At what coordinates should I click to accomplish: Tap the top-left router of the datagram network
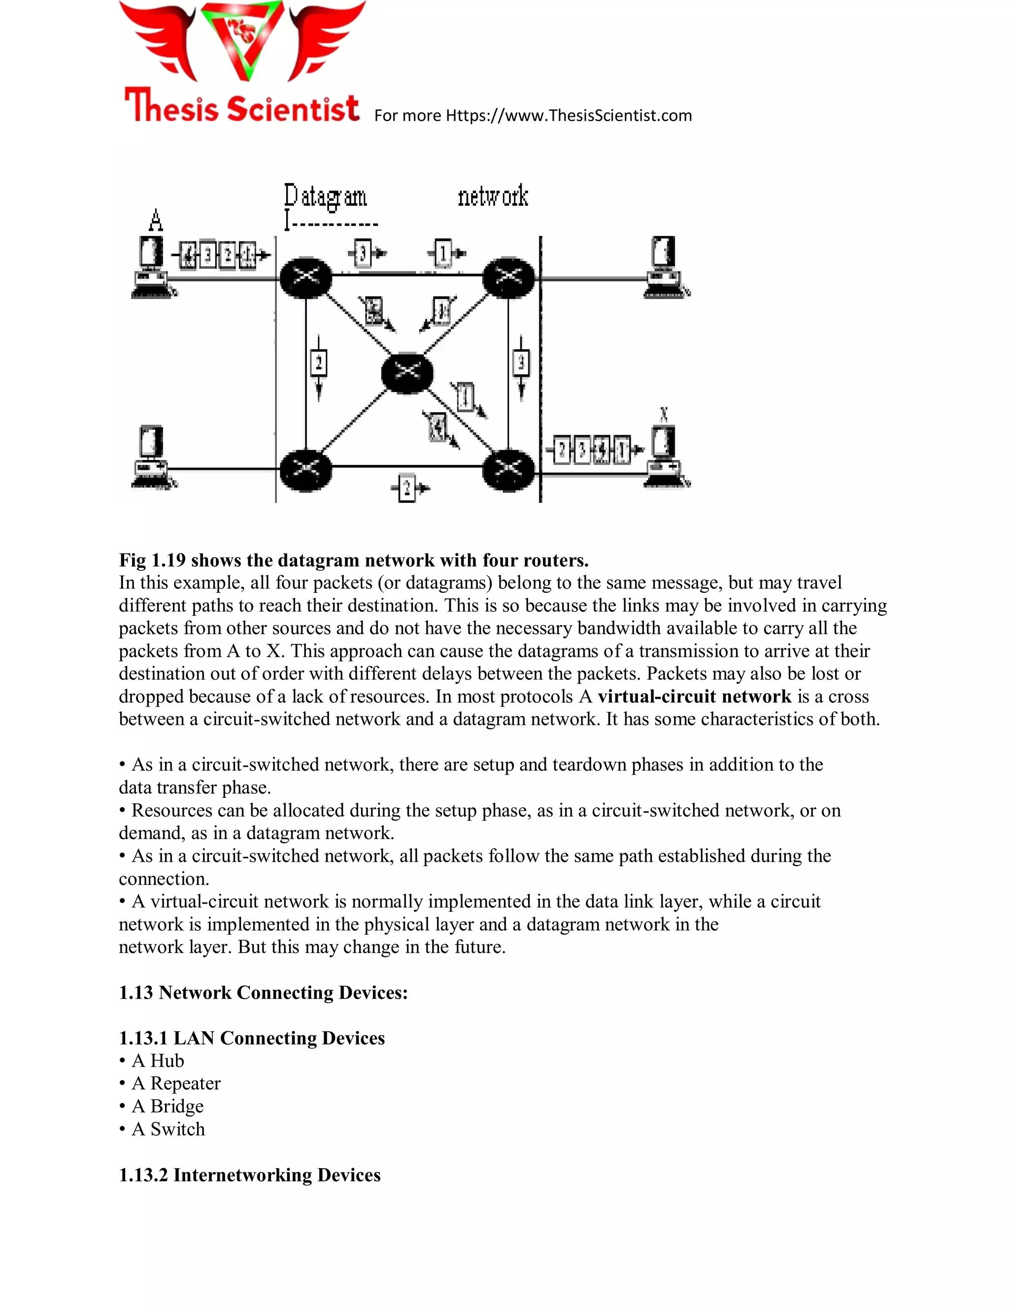pos(306,278)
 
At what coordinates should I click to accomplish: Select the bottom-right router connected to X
pos(508,470)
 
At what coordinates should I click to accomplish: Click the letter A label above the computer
pos(155,221)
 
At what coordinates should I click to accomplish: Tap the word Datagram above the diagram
pos(325,196)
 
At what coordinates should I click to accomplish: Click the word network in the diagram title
pos(493,196)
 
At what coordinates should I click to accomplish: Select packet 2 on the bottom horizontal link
pos(407,488)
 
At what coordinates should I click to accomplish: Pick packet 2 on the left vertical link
pos(319,363)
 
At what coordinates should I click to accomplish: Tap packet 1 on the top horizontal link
pos(443,253)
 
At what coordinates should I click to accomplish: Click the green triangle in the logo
pos(242,39)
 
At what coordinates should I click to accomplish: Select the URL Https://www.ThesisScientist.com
pos(569,115)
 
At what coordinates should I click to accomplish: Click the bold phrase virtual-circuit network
pos(695,696)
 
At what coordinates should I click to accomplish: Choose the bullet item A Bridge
pos(168,1106)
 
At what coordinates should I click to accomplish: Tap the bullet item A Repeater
pos(176,1083)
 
